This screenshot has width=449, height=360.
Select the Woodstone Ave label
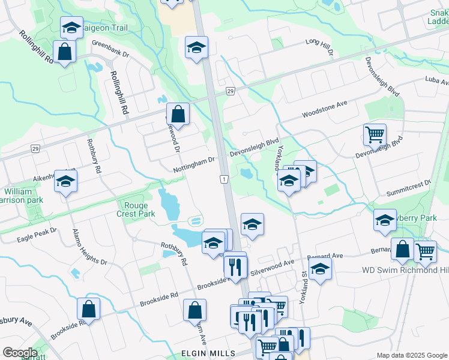pos(325,109)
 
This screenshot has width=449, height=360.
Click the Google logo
pos(20,353)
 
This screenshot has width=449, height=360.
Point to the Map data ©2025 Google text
pos(412,355)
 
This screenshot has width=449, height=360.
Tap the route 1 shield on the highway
pos(223,179)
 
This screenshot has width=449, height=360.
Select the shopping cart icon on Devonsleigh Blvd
pos(375,135)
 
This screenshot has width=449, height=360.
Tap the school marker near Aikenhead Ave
pos(65,181)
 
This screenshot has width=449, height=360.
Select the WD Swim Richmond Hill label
pos(405,270)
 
